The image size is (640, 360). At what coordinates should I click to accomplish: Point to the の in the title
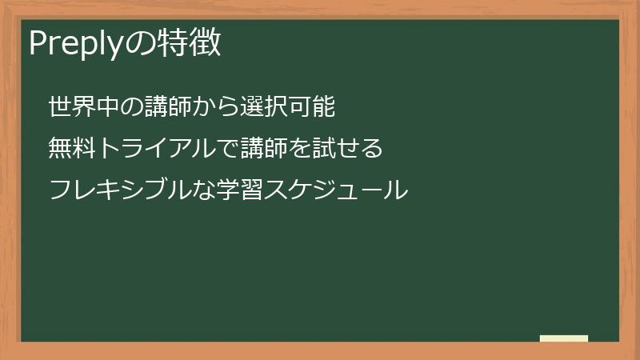click(137, 44)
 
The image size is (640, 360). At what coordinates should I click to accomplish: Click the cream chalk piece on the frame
click(564, 338)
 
